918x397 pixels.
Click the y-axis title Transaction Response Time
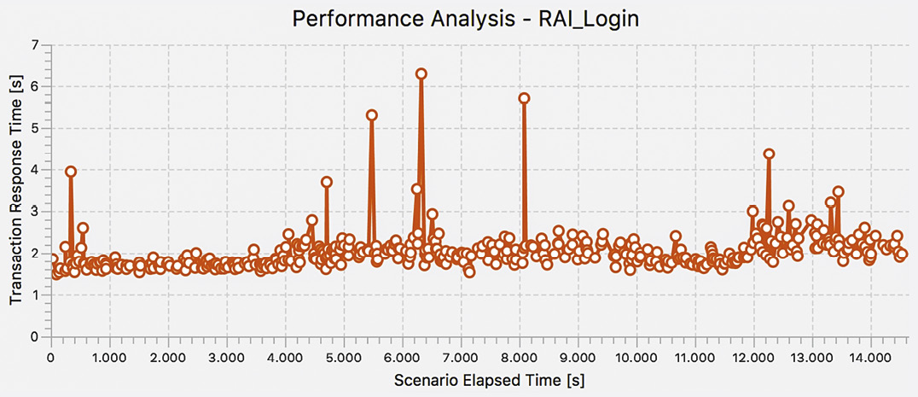15,190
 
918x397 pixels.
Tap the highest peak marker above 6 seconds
421,73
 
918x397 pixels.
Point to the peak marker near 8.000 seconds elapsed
524,98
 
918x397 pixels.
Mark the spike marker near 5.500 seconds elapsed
371,115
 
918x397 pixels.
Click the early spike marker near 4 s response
71,172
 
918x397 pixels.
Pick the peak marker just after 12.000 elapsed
769,155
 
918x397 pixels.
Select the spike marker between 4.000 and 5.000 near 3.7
327,182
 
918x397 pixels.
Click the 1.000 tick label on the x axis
109,354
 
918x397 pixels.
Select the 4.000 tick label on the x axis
284,354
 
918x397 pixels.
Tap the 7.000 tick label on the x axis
460,354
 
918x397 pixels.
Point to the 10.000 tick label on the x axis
635,354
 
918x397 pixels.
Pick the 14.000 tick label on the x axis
869,354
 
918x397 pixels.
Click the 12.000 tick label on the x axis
752,354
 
